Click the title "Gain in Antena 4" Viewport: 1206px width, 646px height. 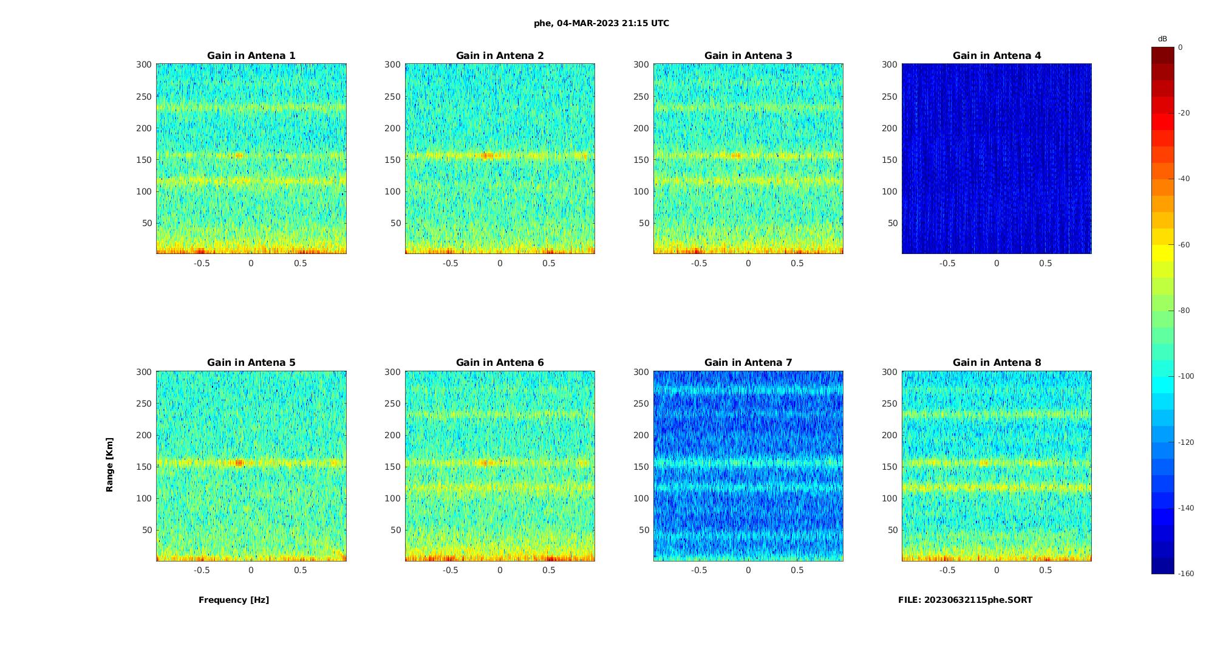coord(996,55)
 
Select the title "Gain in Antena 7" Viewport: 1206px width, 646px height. coord(748,362)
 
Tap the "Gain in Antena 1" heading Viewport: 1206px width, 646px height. coord(251,55)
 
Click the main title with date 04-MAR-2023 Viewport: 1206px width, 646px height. coord(601,23)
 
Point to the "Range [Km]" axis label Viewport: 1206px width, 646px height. coord(109,464)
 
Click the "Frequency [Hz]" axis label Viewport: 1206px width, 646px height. coord(234,600)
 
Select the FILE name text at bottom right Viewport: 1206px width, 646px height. coord(965,600)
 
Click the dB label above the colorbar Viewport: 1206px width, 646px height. coord(1162,39)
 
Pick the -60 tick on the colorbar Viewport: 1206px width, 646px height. coord(1184,245)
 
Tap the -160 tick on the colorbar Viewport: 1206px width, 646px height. coord(1185,574)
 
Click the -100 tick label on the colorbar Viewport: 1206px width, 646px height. coord(1185,376)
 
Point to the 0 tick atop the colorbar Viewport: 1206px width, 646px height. coord(1180,47)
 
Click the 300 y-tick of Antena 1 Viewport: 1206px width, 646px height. coord(144,64)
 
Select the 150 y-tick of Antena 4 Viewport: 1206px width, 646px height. coord(890,160)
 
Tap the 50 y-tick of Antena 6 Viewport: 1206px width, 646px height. coord(396,530)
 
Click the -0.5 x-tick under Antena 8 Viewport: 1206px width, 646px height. coord(947,570)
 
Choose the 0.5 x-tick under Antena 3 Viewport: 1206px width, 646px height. coord(797,263)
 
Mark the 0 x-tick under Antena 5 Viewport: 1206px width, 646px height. coord(251,570)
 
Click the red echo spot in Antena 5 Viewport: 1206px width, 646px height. coord(239,462)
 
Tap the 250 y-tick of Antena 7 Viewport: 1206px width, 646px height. coord(641,404)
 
